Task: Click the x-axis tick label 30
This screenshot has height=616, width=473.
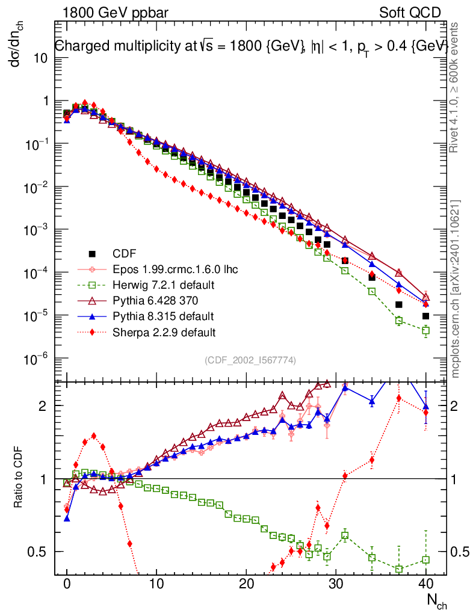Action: pos(335,584)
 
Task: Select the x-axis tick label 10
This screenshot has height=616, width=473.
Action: pos(156,584)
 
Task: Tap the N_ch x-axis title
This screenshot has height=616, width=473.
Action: pos(436,600)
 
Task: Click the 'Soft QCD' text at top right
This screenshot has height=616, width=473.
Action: pos(410,13)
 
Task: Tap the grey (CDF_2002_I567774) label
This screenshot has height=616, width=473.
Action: pos(250,360)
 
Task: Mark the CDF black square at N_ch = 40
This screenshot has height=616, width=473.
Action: pos(425,316)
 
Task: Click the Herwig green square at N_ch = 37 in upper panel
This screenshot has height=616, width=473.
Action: pos(398,321)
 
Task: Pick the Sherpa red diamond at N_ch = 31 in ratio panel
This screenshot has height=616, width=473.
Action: pos(345,476)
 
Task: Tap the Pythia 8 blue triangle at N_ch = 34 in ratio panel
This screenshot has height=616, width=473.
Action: pos(372,401)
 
